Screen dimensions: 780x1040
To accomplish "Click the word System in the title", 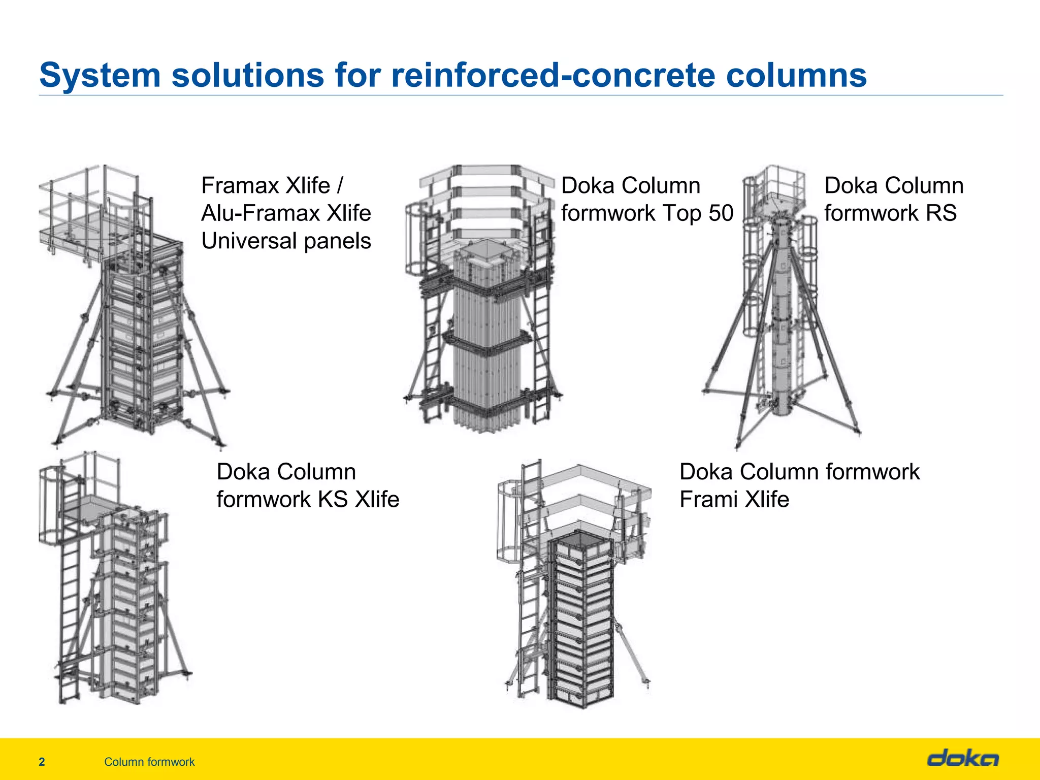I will pyautogui.click(x=100, y=75).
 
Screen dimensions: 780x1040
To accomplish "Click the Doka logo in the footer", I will pyautogui.click(x=963, y=759).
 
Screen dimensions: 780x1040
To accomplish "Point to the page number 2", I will pyautogui.click(x=42, y=762).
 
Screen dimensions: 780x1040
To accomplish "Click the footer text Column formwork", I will pyautogui.click(x=149, y=762).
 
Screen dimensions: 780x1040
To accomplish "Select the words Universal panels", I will pyautogui.click(x=286, y=241).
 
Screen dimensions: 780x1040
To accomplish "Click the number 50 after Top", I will pyautogui.click(x=721, y=213).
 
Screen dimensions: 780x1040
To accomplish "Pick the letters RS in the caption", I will pyautogui.click(x=941, y=213).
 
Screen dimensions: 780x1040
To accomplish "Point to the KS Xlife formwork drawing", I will pyautogui.click(x=114, y=584).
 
